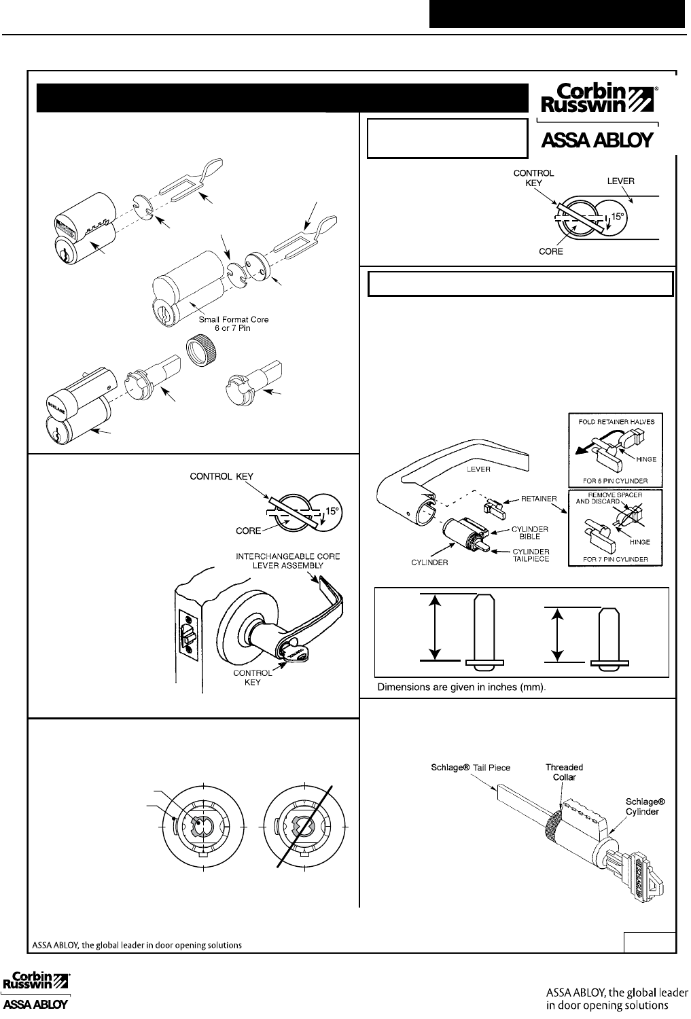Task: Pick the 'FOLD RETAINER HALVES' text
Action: click(x=616, y=421)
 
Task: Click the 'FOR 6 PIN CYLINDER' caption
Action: click(x=616, y=482)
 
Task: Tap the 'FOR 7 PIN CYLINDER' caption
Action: click(x=616, y=560)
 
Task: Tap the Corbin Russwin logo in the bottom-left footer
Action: click(x=38, y=993)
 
